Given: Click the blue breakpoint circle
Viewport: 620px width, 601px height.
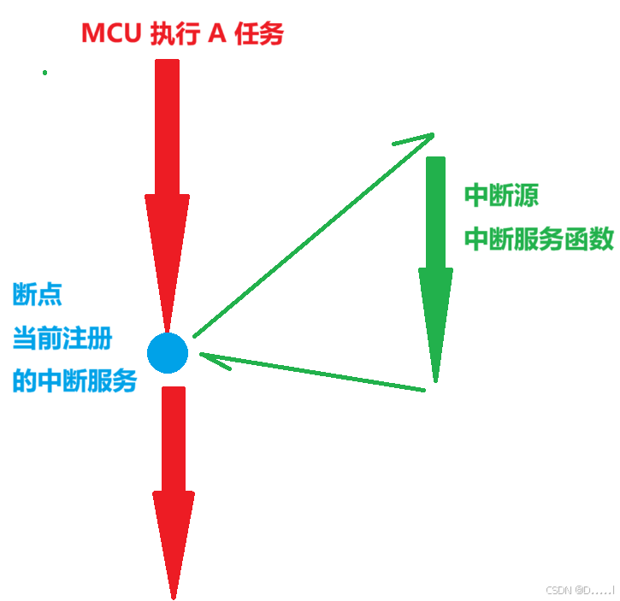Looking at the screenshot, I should coord(167,353).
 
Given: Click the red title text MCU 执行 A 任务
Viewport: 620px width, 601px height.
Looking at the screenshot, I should coord(181,33).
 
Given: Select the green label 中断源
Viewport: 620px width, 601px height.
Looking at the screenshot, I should coord(501,196).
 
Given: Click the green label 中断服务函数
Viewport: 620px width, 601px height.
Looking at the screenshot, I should coord(539,240).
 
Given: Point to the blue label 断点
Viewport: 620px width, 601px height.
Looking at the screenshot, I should coord(37,296).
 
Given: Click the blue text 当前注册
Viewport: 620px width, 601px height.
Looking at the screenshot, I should coord(62,339).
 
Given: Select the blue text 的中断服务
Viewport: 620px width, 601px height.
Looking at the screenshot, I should coord(74,380).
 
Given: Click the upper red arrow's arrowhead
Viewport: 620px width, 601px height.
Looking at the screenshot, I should coord(167,256).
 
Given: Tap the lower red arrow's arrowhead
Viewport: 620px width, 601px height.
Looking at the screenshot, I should coord(174,539).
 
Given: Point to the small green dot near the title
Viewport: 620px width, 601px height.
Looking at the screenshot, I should coord(44,73).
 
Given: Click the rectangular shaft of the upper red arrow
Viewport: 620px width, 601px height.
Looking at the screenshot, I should coord(167,128).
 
